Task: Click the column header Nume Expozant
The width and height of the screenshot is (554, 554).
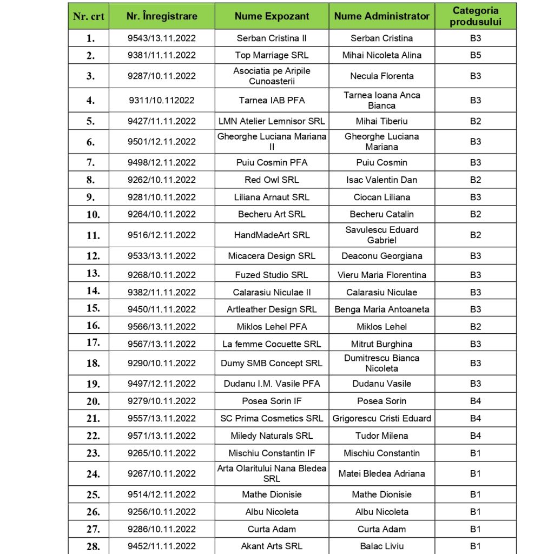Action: pos(272,16)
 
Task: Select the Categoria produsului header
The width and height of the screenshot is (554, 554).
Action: pos(475,16)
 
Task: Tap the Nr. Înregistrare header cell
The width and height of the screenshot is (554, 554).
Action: pos(162,16)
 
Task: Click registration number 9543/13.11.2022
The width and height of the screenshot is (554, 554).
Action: pos(162,38)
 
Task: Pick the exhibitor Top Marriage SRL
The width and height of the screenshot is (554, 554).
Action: pos(272,55)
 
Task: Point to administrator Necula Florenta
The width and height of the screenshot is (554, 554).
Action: pos(381,76)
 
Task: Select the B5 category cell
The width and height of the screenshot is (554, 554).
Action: pos(475,55)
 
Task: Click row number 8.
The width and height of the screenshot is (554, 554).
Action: pos(90,180)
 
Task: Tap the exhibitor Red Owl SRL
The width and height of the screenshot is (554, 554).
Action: pos(272,180)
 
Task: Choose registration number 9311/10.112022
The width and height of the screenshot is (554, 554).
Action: pos(162,100)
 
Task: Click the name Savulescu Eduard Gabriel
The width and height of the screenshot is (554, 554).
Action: pos(381,235)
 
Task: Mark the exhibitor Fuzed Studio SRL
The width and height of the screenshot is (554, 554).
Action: pos(272,275)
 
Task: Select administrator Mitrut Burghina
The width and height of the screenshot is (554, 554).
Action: pos(381,344)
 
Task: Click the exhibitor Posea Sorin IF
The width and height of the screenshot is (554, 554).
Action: pos(272,401)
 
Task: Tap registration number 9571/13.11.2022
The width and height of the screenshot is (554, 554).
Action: pos(162,436)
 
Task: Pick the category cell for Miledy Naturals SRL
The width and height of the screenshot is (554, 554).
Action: pos(475,436)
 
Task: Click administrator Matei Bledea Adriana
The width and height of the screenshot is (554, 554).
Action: pos(381,473)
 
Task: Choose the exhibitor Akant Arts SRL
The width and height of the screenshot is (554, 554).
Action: pos(272,546)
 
